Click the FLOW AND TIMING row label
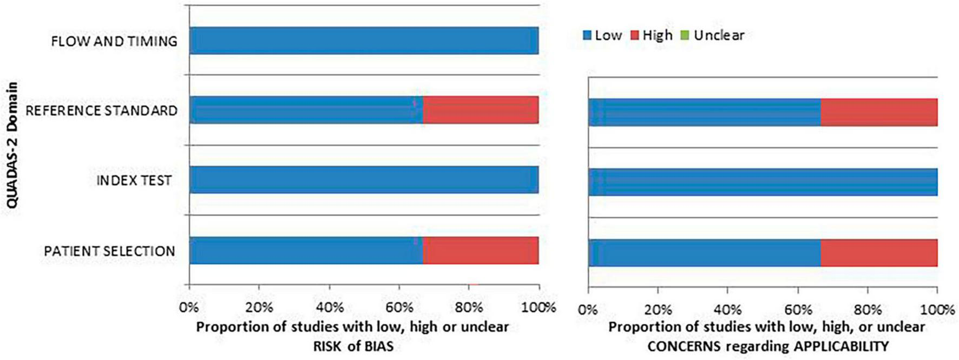(114, 41)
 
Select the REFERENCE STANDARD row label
(102, 110)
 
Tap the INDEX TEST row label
(134, 180)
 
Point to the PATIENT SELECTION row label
(109, 251)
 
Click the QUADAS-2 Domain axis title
(12, 145)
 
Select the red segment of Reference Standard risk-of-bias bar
(480, 110)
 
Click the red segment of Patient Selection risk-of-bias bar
(480, 251)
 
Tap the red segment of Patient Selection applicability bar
(878, 253)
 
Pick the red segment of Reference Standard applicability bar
(878, 113)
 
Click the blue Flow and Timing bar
(364, 41)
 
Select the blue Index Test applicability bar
(763, 182)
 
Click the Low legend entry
(602, 35)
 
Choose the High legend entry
(652, 35)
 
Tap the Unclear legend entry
(712, 35)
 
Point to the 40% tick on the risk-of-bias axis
(329, 307)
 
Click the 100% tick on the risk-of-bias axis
(538, 307)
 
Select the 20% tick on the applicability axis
(658, 310)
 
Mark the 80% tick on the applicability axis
(868, 310)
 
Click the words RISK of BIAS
(353, 346)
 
